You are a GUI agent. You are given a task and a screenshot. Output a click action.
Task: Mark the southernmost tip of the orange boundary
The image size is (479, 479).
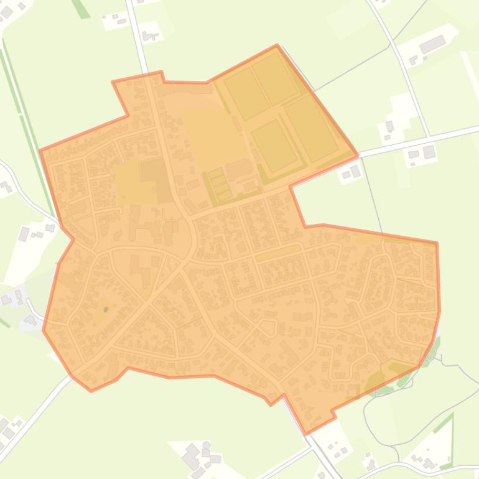pyautogui.click(x=307, y=433)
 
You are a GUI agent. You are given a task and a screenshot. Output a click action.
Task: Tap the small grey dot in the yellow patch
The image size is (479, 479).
pyautogui.click(x=106, y=309)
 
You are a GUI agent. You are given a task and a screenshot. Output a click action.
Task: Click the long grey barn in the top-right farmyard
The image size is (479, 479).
pyautogui.click(x=432, y=44)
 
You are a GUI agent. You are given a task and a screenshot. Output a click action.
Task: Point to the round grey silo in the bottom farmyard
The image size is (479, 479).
pyautogui.click(x=206, y=445)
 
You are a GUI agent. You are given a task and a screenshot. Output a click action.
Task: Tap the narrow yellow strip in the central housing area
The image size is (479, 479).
pyautogui.click(x=277, y=253)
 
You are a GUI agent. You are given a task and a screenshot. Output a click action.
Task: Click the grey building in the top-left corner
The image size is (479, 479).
pyautogui.click(x=7, y=11)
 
